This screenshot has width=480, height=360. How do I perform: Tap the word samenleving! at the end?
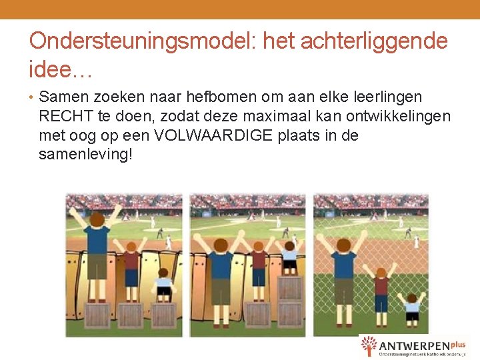point(86,155)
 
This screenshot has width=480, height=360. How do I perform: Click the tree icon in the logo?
point(369,346)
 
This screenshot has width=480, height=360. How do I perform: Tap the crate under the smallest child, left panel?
point(163,315)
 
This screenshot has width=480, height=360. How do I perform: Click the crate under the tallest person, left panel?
point(97,315)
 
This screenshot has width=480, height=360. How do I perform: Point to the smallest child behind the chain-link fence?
point(412,308)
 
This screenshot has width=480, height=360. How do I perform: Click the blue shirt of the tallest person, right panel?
point(344,265)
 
